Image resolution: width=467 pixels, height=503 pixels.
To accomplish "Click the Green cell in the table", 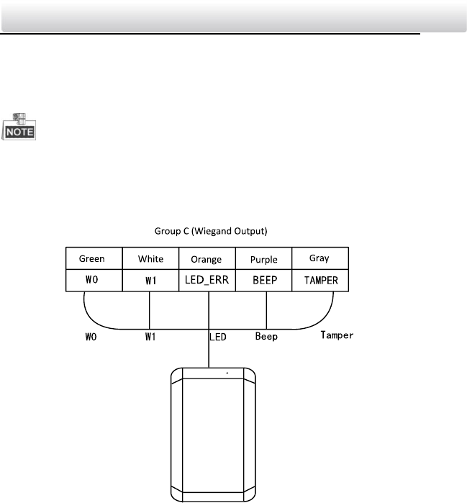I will [x=93, y=259].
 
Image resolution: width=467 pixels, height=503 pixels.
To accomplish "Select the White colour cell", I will [x=149, y=259].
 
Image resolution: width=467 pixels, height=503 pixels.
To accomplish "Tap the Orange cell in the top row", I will [x=207, y=259].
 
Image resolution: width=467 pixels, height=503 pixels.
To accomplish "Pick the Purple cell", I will [x=264, y=259].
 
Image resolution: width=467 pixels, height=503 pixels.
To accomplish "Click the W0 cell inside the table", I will [x=93, y=278].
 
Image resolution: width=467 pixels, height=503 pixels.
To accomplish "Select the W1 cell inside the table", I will [x=149, y=279].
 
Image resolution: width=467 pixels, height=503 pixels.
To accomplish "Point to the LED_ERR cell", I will [x=207, y=279].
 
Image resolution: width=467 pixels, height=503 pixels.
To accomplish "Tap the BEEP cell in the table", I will [x=264, y=278].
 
